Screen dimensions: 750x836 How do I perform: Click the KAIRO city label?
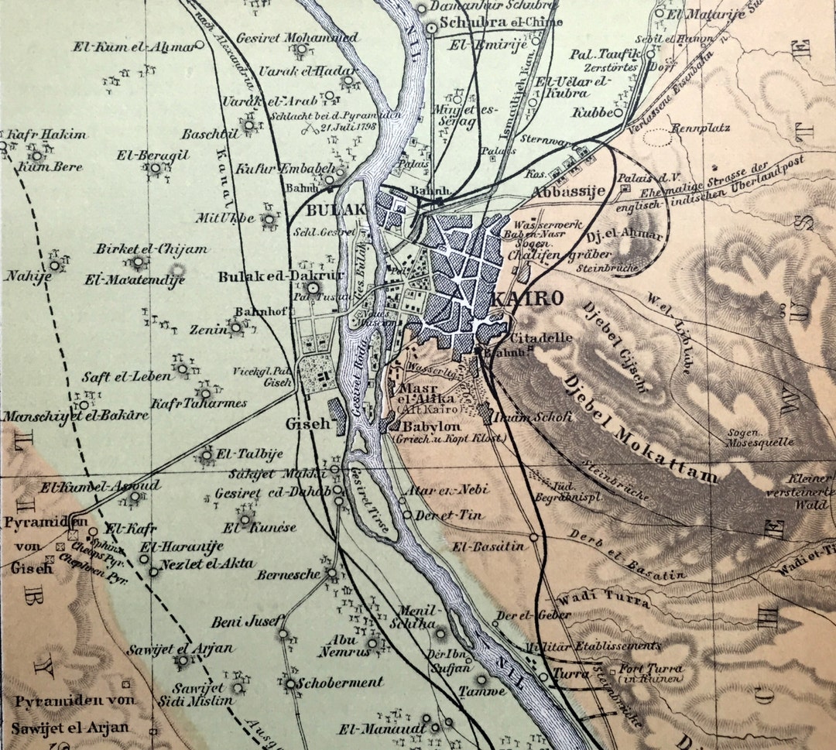click(x=525, y=299)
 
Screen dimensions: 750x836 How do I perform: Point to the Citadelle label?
click(x=542, y=337)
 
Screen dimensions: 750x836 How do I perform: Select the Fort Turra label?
click(x=651, y=669)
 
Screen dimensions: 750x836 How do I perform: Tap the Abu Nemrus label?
click(x=340, y=646)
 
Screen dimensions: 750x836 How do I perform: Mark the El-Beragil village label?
click(x=152, y=155)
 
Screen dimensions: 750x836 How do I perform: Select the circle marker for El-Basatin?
click(x=534, y=536)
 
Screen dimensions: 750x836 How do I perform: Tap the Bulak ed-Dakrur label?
click(x=259, y=276)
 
